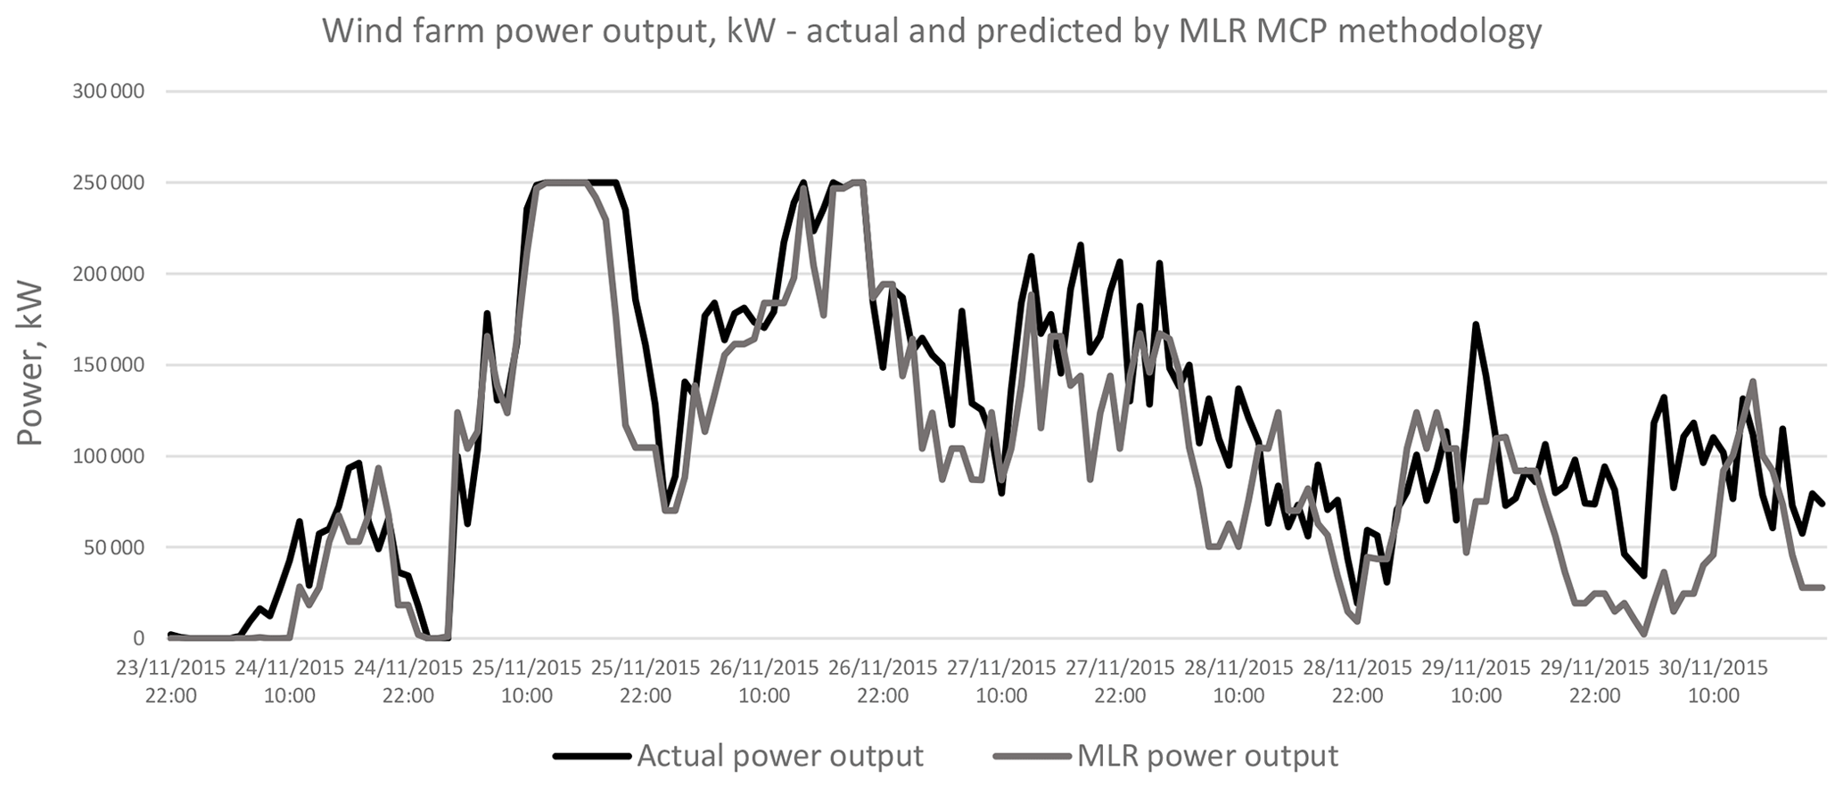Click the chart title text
click(x=932, y=32)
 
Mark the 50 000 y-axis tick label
click(x=111, y=547)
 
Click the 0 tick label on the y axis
click(x=138, y=638)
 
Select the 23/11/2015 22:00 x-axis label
click(x=171, y=682)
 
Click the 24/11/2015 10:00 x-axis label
click(x=290, y=682)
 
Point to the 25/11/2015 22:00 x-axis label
click(x=646, y=682)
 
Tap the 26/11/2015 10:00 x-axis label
click(x=764, y=682)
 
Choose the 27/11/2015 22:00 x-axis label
click(x=1120, y=682)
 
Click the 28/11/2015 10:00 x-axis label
click(x=1238, y=682)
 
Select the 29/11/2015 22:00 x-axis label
click(x=1595, y=682)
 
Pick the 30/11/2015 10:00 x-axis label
click(x=1714, y=682)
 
